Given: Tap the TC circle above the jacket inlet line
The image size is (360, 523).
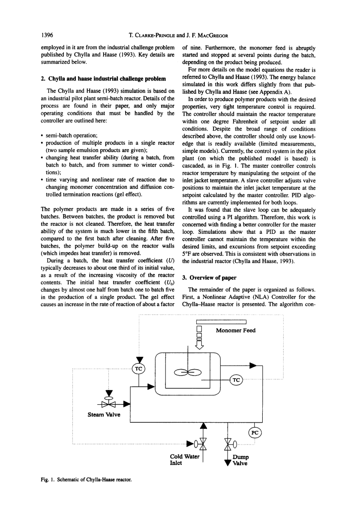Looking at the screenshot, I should click(x=138, y=369).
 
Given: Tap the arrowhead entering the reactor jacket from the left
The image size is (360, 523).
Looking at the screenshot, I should click(x=150, y=387).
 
